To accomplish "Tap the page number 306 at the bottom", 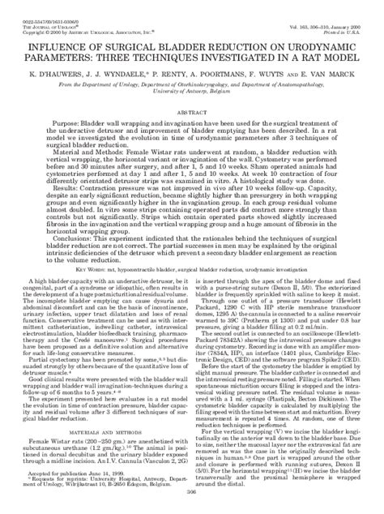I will (x=192, y=505).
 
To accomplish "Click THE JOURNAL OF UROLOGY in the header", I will (x=44, y=11).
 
